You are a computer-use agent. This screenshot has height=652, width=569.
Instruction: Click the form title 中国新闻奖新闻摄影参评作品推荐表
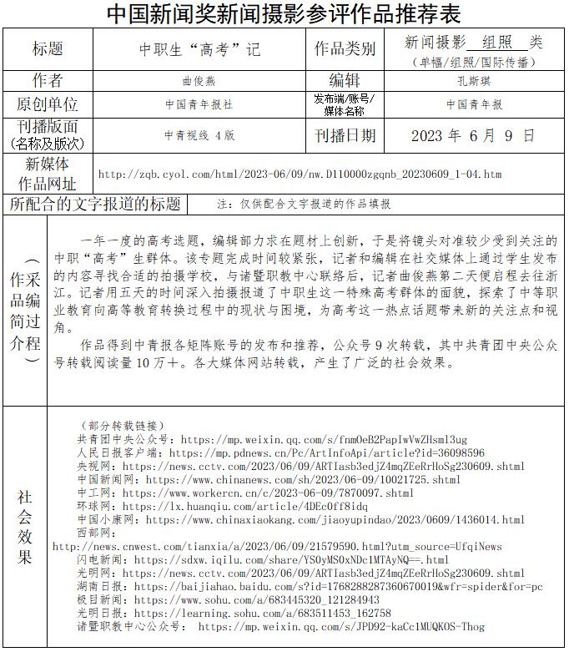pos(284,13)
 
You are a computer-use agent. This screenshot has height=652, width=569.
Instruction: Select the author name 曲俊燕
pos(199,81)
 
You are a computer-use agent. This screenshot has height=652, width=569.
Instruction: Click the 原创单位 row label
pos(48,104)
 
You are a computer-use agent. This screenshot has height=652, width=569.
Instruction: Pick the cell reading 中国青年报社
pos(199,105)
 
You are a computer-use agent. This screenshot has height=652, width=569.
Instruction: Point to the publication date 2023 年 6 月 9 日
pos(473,135)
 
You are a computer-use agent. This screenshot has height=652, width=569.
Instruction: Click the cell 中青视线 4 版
pos(199,135)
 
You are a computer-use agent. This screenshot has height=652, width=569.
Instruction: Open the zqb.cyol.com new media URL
pos(300,174)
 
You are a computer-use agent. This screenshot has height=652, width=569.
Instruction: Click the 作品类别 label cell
pos(345,48)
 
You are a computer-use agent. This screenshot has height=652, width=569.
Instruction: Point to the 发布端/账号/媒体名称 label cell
pos(345,104)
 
